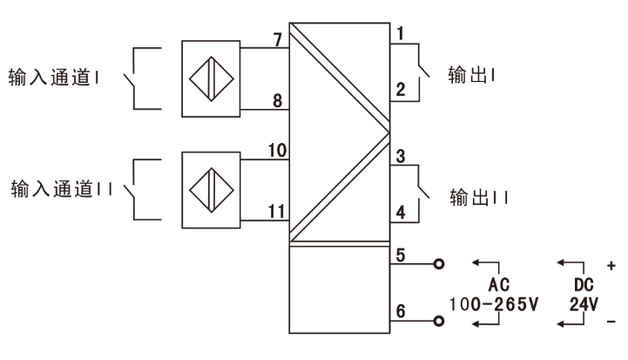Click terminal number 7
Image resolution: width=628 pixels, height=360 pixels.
(277, 38)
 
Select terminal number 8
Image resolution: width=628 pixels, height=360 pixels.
(277, 100)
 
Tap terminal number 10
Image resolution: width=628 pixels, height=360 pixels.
(276, 151)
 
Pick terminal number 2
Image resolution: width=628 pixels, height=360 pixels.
(401, 89)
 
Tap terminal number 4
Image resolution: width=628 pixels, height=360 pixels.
(401, 211)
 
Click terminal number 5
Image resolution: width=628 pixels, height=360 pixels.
(401, 255)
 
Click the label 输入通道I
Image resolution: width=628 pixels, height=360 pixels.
(54, 73)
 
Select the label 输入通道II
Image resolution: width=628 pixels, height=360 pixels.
(58, 188)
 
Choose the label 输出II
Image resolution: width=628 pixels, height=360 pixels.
(477, 196)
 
